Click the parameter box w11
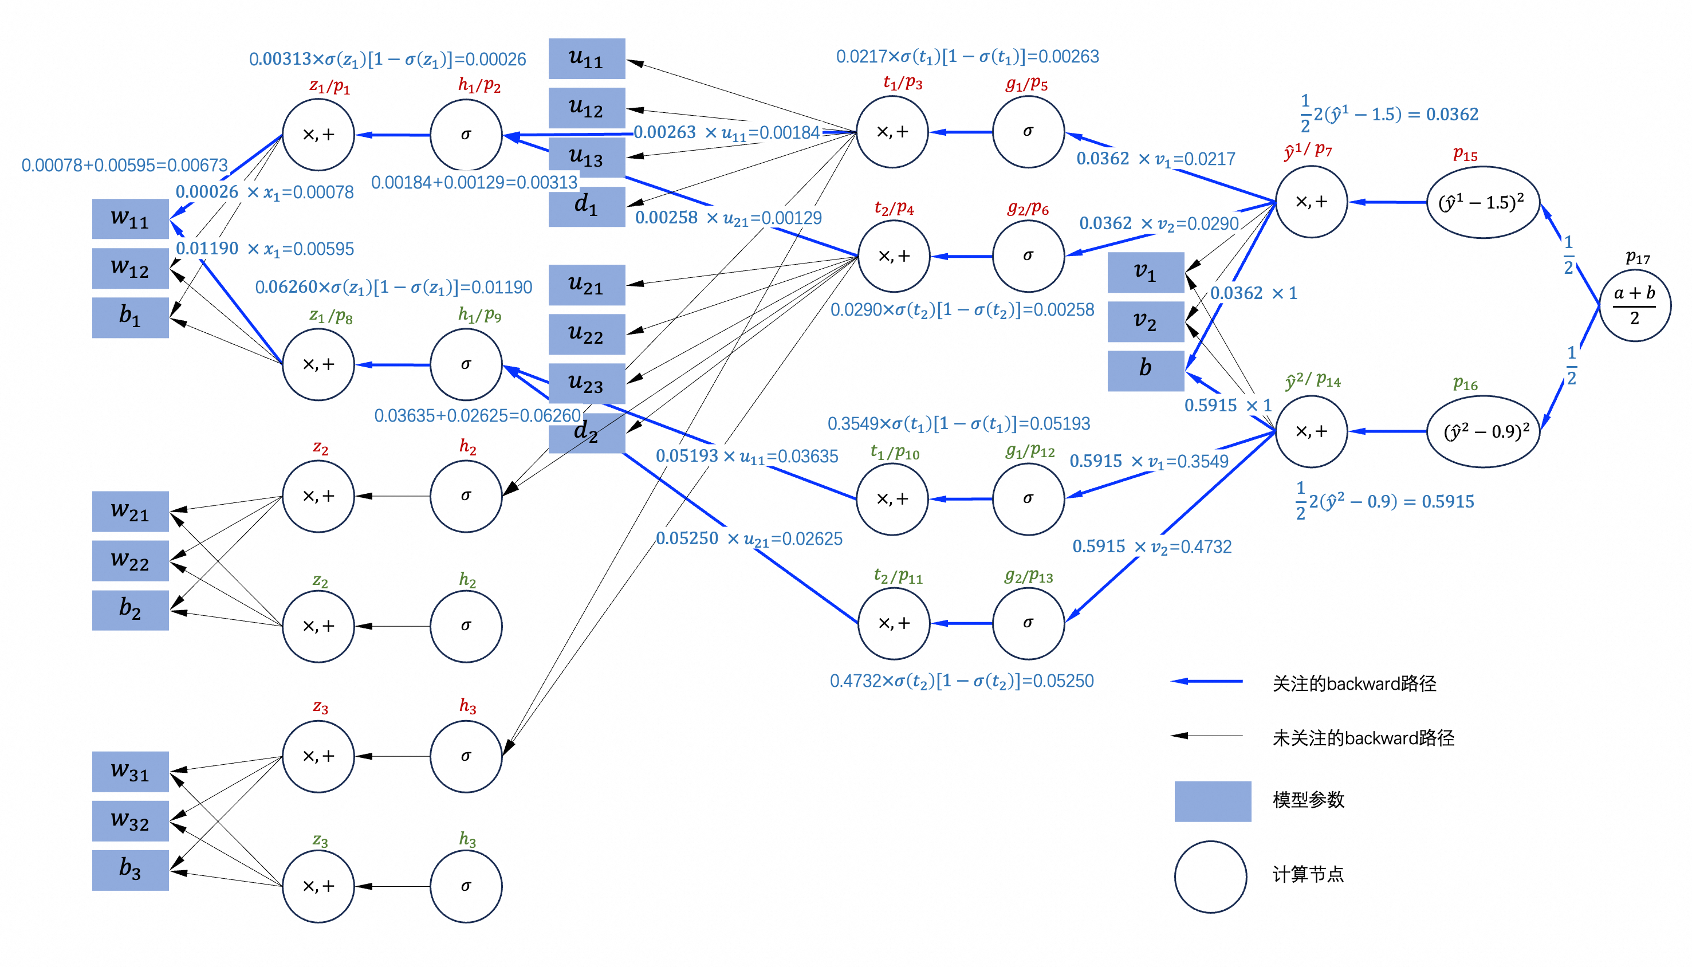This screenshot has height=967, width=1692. (130, 218)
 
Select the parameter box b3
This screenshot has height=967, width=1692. (130, 870)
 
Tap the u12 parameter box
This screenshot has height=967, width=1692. (587, 108)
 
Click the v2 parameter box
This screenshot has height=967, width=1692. (1146, 321)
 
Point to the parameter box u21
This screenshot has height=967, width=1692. (587, 285)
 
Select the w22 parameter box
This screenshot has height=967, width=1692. (130, 560)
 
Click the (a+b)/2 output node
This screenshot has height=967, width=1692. (1634, 305)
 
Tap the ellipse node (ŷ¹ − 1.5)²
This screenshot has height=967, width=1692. (1482, 202)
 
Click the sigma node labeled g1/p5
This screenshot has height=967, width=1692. (1028, 132)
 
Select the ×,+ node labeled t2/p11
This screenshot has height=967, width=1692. (894, 623)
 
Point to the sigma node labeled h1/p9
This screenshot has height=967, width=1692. (466, 364)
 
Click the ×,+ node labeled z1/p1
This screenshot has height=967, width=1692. (318, 135)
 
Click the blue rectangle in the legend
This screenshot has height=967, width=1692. (1213, 801)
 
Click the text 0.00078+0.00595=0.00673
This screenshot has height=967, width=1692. (125, 165)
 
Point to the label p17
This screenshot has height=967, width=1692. (1638, 258)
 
